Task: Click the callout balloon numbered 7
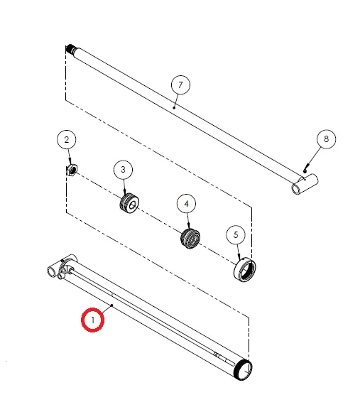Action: click(180, 85)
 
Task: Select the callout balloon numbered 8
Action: click(326, 139)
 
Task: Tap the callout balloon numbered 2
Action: click(67, 140)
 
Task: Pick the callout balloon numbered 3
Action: click(123, 170)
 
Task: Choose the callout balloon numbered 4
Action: click(187, 204)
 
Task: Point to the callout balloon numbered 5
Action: click(236, 235)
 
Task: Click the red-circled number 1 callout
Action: click(93, 320)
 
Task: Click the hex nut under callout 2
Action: click(72, 170)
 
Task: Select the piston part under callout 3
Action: click(129, 203)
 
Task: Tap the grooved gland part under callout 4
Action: click(190, 239)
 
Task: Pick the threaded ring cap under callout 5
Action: click(245, 270)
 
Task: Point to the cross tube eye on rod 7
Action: click(305, 184)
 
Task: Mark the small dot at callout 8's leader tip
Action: click(305, 171)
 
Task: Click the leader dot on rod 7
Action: click(174, 108)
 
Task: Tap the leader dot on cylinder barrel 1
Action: click(112, 305)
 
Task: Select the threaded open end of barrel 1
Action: click(243, 370)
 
